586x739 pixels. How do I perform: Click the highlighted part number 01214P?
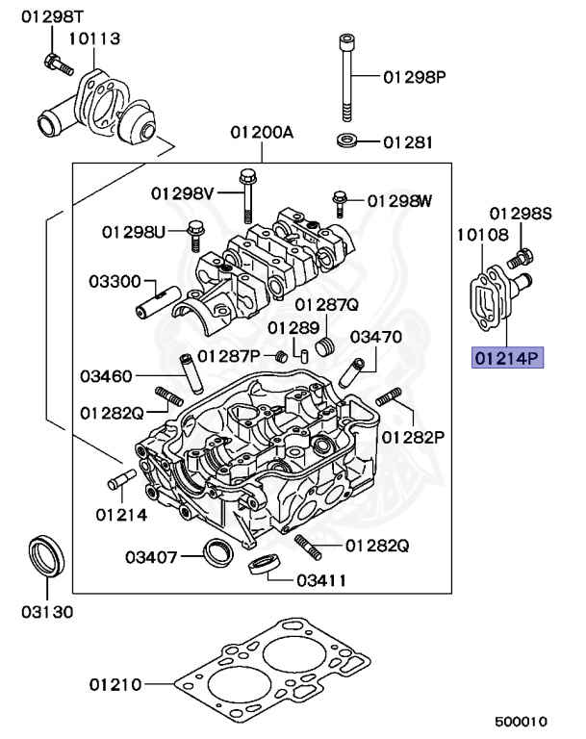pos(507,359)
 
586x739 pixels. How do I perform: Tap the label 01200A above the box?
pos(261,133)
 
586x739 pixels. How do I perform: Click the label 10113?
pos(94,38)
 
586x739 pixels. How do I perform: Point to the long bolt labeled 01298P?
pos(344,77)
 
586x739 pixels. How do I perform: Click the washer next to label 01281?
pos(348,142)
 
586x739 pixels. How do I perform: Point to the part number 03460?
pos(107,375)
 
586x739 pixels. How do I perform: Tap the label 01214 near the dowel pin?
pos(120,514)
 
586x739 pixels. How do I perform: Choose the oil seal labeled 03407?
pos(217,552)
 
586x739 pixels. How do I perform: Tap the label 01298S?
pos(520,213)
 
